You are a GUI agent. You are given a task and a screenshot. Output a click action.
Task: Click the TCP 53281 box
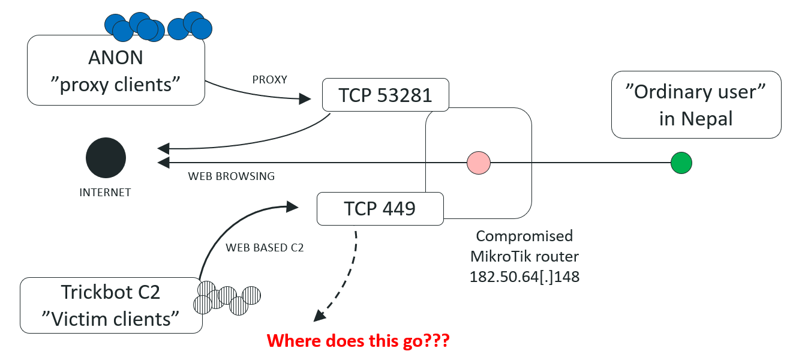pyautogui.click(x=385, y=94)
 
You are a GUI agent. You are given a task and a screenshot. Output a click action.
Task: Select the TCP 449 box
pyautogui.click(x=379, y=208)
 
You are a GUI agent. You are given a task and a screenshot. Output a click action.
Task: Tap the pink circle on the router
pyautogui.click(x=479, y=163)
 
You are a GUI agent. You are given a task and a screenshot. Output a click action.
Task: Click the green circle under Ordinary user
pyautogui.click(x=681, y=163)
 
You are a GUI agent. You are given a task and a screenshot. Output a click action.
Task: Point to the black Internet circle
pyautogui.click(x=106, y=158)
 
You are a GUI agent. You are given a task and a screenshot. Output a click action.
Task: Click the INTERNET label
pyautogui.click(x=105, y=193)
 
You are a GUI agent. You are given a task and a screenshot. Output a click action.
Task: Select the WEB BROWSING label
pyautogui.click(x=232, y=176)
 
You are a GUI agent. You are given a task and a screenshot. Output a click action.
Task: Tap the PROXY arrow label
pyautogui.click(x=269, y=79)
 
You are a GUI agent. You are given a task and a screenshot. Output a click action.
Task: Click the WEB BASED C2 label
pyautogui.click(x=265, y=247)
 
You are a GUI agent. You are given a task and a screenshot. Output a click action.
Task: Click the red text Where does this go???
pyautogui.click(x=358, y=341)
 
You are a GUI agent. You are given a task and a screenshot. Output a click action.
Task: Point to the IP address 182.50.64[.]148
pyautogui.click(x=524, y=277)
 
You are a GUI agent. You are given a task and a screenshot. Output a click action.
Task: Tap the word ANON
pyautogui.click(x=116, y=58)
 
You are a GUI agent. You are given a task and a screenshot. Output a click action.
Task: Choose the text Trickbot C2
pyautogui.click(x=111, y=292)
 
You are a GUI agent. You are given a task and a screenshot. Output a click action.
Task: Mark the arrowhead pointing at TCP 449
pyautogui.click(x=293, y=207)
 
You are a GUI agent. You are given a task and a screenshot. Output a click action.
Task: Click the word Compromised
pyautogui.click(x=524, y=236)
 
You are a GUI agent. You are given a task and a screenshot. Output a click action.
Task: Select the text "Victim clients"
pyautogui.click(x=111, y=319)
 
